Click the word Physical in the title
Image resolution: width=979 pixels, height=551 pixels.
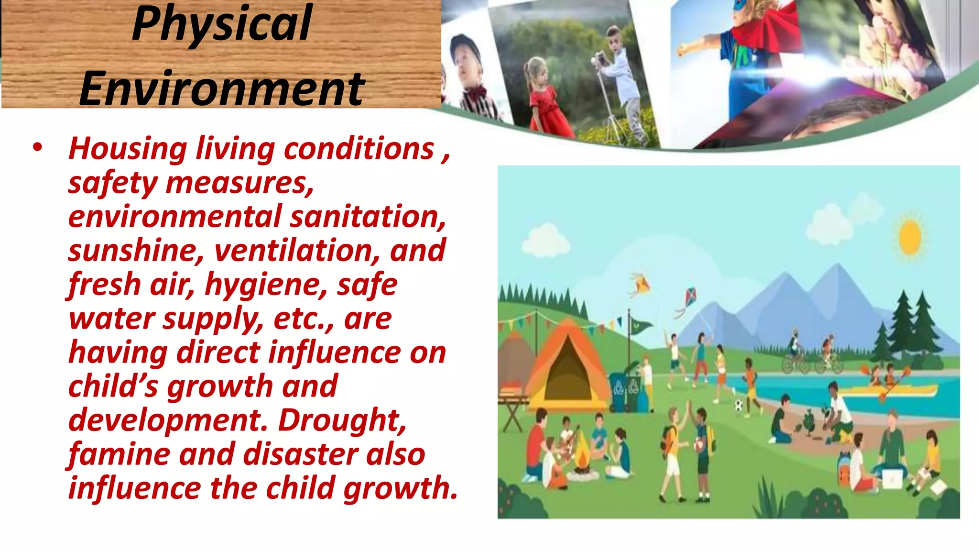(x=222, y=24)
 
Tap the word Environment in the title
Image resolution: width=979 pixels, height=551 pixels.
(x=222, y=88)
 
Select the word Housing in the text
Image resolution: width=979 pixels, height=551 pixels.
(x=128, y=149)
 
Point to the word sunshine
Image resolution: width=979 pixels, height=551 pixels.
(x=135, y=251)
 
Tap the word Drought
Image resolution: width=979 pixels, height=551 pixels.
(x=342, y=420)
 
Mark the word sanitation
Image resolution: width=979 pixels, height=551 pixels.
(x=367, y=217)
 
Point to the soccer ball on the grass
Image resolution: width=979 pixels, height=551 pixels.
(x=739, y=407)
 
